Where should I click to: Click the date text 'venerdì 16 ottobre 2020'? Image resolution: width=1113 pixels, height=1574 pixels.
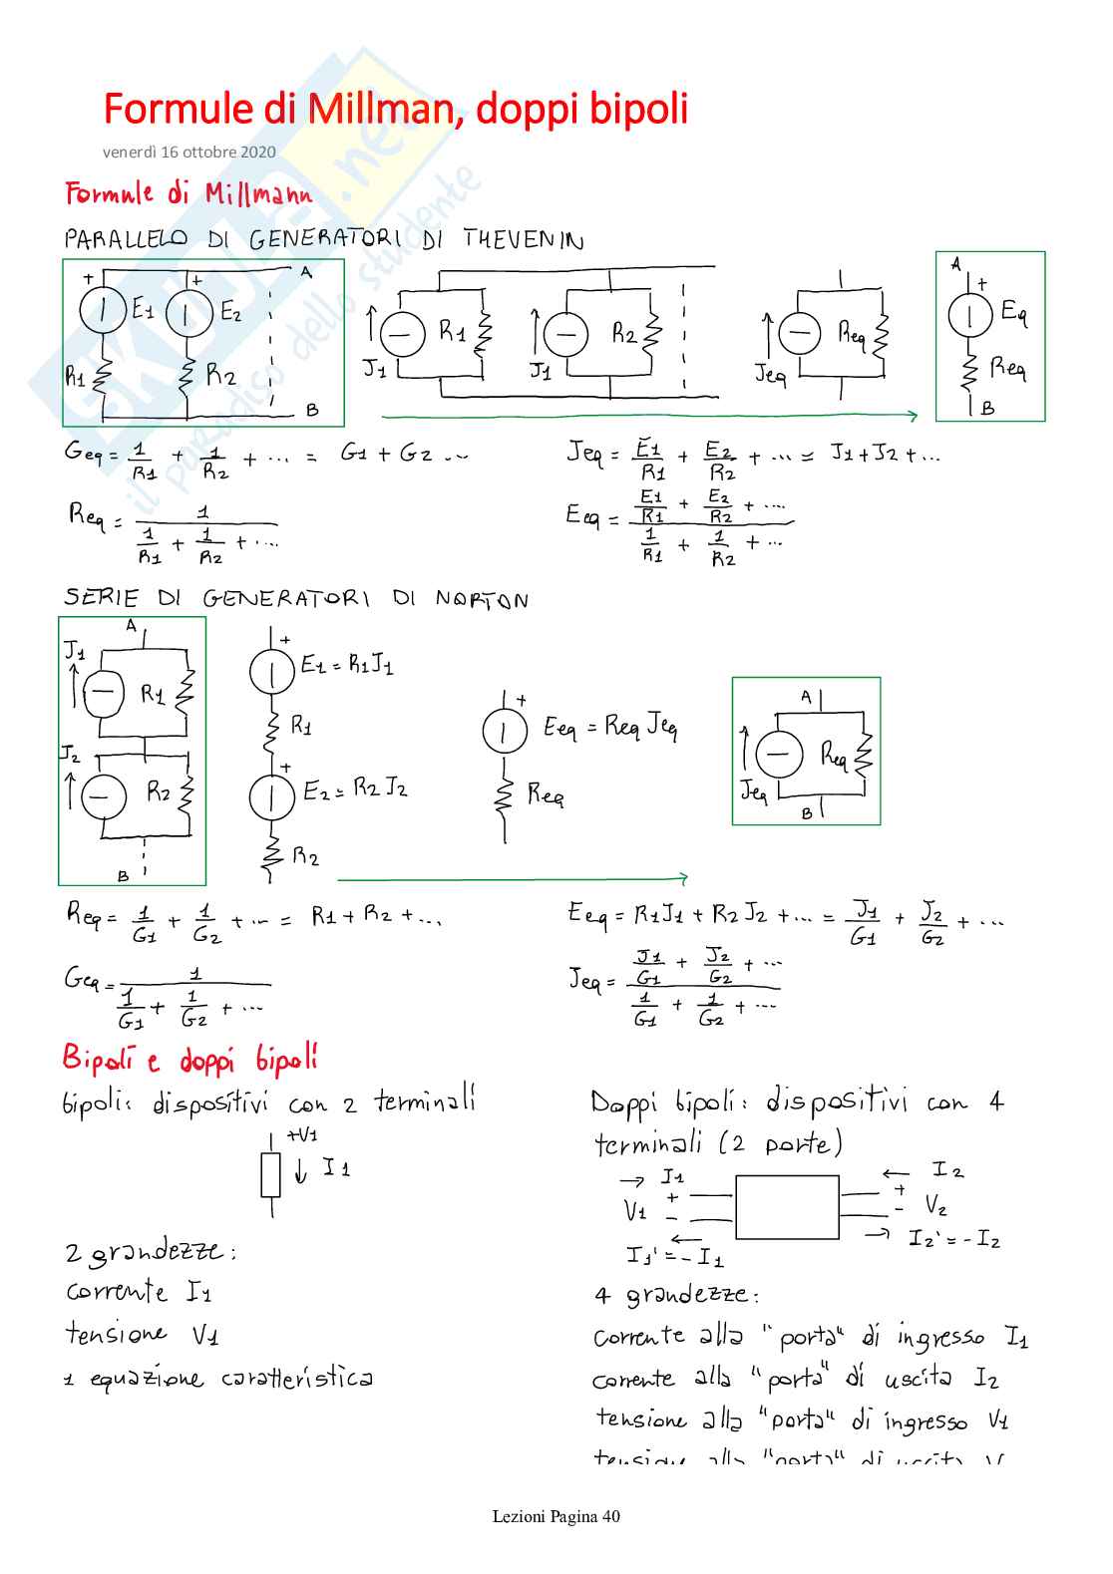pyautogui.click(x=188, y=153)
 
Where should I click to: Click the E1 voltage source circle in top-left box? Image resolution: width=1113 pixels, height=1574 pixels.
pyautogui.click(x=103, y=311)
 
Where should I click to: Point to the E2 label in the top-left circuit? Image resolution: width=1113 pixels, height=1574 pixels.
pyautogui.click(x=230, y=312)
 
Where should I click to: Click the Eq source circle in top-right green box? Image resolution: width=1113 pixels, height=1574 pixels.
pyautogui.click(x=969, y=316)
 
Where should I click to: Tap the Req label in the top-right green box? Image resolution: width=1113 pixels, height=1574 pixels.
pyautogui.click(x=1007, y=368)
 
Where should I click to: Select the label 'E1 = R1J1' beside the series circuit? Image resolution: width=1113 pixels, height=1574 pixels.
pyautogui.click(x=347, y=664)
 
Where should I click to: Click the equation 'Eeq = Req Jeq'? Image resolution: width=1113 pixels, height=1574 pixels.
pyautogui.click(x=609, y=727)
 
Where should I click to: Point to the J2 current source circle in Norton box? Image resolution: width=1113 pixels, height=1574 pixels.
pyautogui.click(x=103, y=795)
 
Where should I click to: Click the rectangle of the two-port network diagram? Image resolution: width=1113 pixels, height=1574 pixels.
pyautogui.click(x=787, y=1206)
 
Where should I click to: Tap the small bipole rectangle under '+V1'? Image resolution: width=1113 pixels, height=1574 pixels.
pyautogui.click(x=271, y=1175)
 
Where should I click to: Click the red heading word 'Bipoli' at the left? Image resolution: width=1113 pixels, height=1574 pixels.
pyautogui.click(x=96, y=1058)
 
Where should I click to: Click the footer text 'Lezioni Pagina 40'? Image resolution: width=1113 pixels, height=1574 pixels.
pyautogui.click(x=556, y=1516)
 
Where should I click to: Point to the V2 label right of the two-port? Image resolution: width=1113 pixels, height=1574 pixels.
pyautogui.click(x=934, y=1206)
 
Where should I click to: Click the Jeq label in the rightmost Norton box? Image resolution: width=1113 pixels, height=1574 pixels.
pyautogui.click(x=754, y=792)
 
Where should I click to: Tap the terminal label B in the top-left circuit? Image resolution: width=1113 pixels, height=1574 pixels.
pyautogui.click(x=312, y=409)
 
